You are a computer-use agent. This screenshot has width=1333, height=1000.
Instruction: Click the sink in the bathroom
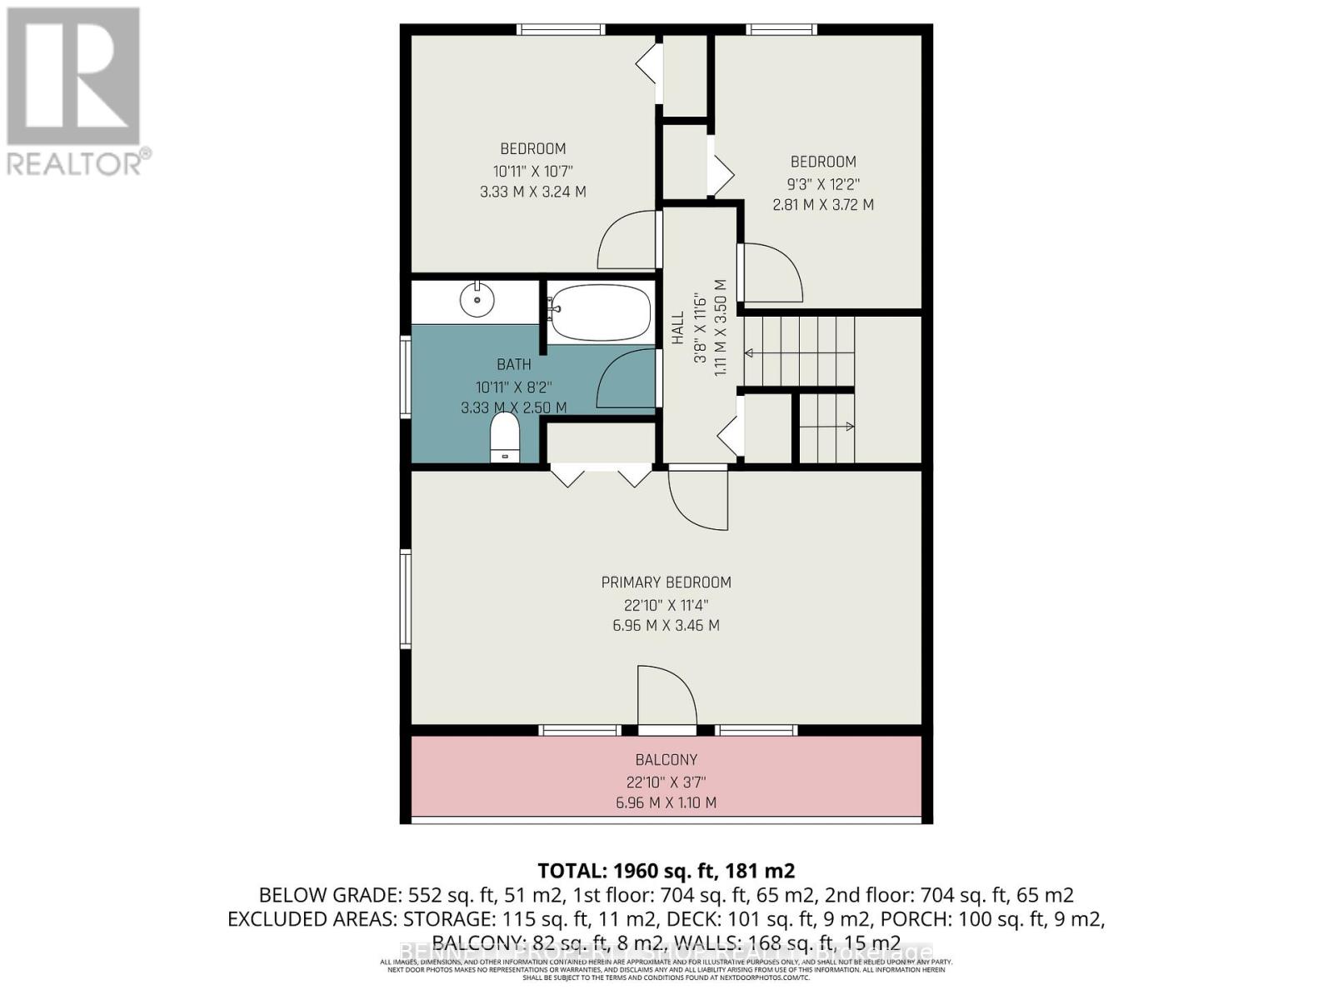coord(477,299)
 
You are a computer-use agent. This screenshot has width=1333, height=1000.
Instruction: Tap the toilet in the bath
coord(505,437)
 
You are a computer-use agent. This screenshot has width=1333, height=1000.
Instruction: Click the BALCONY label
coord(666,759)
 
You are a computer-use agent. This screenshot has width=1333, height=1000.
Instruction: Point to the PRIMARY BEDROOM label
coord(666,582)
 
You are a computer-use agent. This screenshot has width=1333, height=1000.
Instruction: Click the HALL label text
coord(678,327)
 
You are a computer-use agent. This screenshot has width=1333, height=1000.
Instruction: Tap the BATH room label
coord(513,364)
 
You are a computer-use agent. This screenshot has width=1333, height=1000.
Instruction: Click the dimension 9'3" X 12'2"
coord(822,183)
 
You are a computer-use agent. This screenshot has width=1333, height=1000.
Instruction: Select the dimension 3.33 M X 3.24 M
coord(532,192)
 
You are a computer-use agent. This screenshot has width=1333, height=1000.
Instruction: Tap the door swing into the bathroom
coord(627,379)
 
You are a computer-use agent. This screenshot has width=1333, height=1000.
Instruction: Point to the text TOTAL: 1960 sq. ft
coord(665,871)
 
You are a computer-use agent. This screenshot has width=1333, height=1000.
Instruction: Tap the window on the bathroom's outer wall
coord(405,376)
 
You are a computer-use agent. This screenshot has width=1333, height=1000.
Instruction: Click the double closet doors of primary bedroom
coord(601,477)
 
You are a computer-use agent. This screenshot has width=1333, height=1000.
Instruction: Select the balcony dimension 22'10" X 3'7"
coord(666,782)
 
